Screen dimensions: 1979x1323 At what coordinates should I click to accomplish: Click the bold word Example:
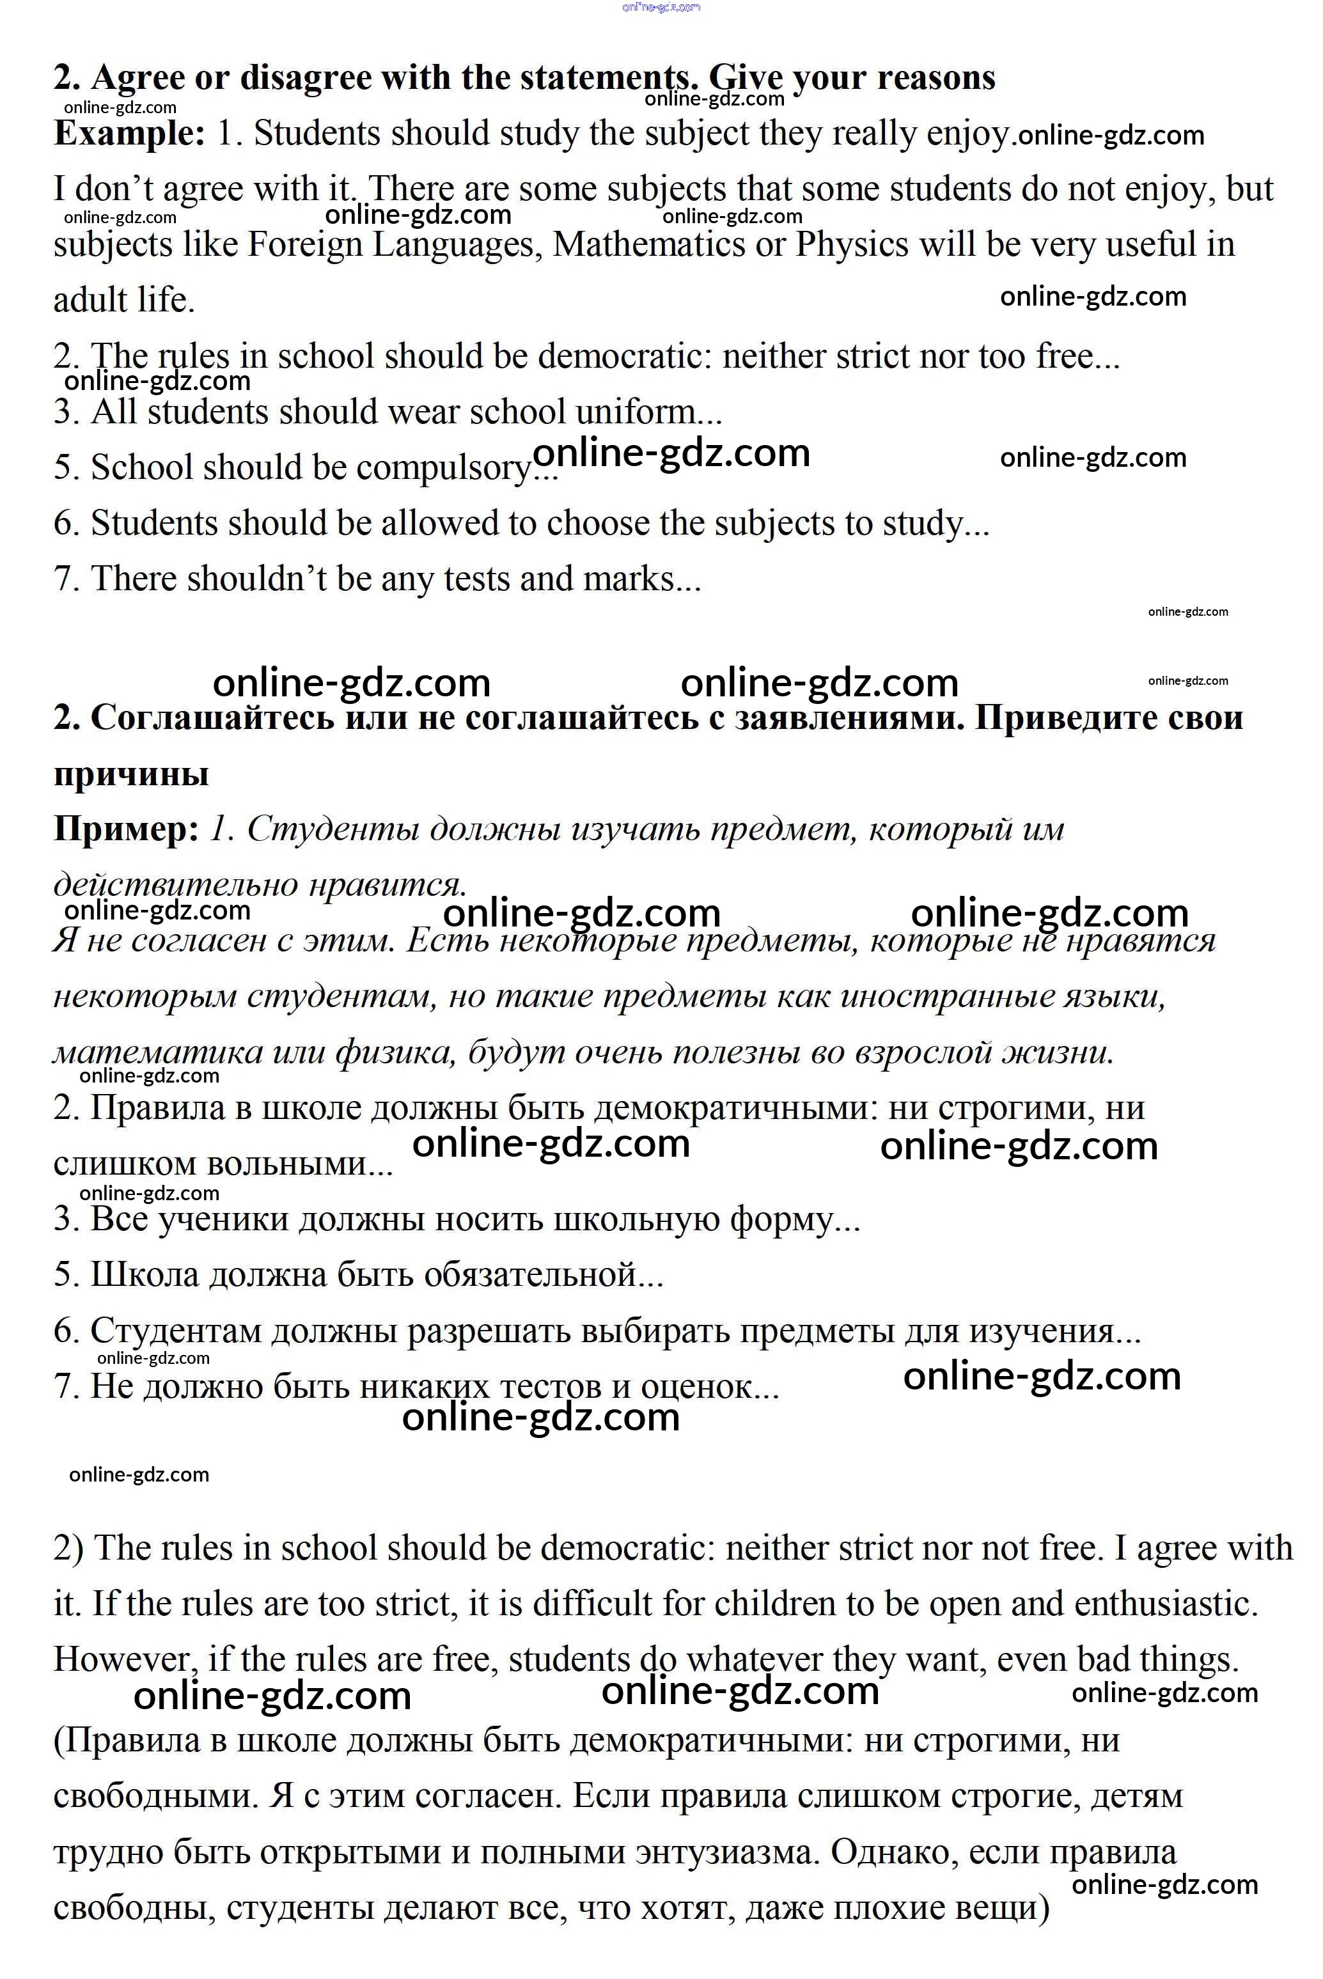click(x=129, y=133)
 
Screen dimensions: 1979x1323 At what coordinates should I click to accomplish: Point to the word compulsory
click(x=446, y=468)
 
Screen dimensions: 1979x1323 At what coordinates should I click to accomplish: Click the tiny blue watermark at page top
click(x=661, y=8)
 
